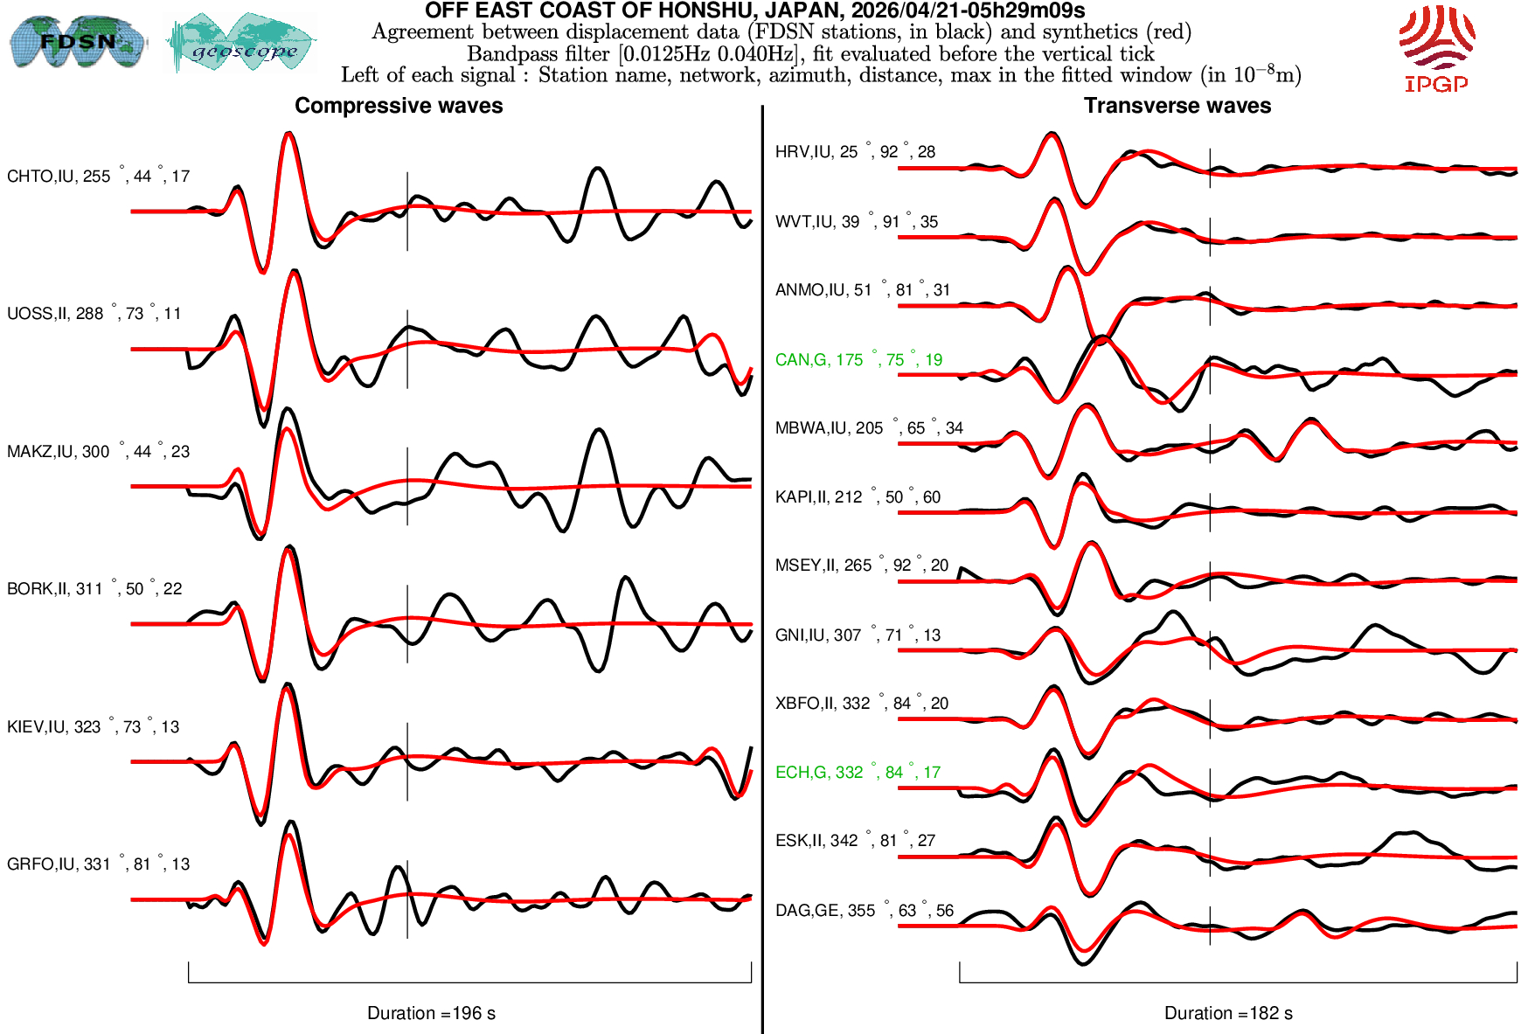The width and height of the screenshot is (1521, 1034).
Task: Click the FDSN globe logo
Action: [77, 41]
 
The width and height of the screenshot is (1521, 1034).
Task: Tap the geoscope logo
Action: [242, 44]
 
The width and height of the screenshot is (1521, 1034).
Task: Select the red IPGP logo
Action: [1436, 49]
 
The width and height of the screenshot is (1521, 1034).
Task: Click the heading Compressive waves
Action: [399, 106]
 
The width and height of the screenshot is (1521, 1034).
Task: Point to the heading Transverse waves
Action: [1177, 106]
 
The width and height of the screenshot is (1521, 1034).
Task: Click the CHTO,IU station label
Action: [98, 177]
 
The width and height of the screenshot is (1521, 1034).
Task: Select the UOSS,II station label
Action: [94, 314]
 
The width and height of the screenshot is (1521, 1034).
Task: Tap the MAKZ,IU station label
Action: [98, 452]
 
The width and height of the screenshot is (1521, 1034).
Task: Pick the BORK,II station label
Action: [94, 589]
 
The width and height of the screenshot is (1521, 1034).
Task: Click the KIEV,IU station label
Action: [93, 727]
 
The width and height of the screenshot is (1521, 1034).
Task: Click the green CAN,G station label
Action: [858, 360]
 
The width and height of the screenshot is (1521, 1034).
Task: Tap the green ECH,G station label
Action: [858, 773]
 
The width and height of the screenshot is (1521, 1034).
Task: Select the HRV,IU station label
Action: [855, 152]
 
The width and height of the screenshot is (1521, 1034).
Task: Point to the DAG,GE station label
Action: [864, 911]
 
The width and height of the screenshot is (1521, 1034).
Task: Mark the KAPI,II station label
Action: [858, 497]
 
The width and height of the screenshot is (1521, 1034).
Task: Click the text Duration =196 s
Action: [431, 1013]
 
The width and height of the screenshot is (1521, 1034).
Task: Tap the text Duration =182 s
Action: [1228, 1013]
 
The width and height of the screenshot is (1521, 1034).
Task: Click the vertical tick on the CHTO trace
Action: [407, 212]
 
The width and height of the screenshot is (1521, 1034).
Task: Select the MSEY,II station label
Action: [861, 566]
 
